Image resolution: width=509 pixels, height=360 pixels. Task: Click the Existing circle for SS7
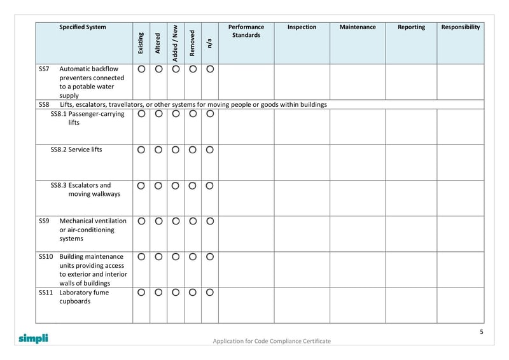pyautogui.click(x=141, y=69)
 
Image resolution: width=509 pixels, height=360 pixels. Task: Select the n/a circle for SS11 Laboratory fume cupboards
pyautogui.click(x=210, y=293)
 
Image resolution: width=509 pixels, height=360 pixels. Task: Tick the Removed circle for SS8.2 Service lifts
pyautogui.click(x=193, y=150)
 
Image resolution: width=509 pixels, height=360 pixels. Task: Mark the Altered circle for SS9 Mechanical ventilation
pyautogui.click(x=158, y=221)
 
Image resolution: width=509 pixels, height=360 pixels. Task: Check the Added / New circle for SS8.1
pyautogui.click(x=176, y=114)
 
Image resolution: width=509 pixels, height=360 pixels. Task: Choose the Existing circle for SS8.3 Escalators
pyautogui.click(x=141, y=186)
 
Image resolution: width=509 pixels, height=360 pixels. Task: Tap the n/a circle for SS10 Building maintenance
pyautogui.click(x=210, y=257)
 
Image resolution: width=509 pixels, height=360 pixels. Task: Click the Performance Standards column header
pyautogui.click(x=246, y=31)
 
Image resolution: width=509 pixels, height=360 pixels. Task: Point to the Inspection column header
pyautogui.click(x=302, y=27)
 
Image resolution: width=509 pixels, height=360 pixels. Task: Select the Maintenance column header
pyautogui.click(x=358, y=27)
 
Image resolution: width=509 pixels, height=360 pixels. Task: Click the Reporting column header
pyautogui.click(x=411, y=27)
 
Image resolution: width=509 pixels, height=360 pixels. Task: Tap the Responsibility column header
pyautogui.click(x=461, y=27)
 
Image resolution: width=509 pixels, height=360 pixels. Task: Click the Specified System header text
pyautogui.click(x=83, y=27)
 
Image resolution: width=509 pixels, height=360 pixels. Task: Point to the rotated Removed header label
pyautogui.click(x=192, y=43)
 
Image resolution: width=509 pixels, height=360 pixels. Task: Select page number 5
pyautogui.click(x=481, y=332)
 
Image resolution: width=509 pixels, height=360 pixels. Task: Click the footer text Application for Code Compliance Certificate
pyautogui.click(x=272, y=342)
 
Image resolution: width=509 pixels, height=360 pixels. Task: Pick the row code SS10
pyautogui.click(x=45, y=257)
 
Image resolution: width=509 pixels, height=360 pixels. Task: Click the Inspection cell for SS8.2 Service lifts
pyautogui.click(x=302, y=162)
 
